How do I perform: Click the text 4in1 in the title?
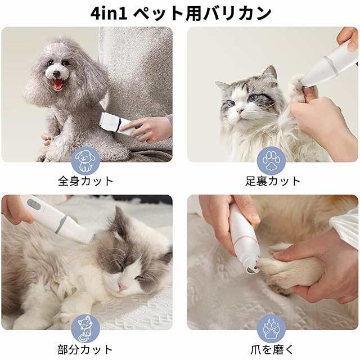(x=109, y=13)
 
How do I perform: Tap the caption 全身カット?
(x=85, y=181)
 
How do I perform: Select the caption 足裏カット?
(x=273, y=181)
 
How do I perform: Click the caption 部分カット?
(x=85, y=350)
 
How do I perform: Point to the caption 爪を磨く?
(x=272, y=350)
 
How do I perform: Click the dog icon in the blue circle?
(x=85, y=161)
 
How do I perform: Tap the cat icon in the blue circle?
(x=85, y=329)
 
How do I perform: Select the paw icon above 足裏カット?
(x=271, y=161)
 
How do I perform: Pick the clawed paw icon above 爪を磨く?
(x=271, y=328)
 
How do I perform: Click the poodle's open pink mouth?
(x=58, y=84)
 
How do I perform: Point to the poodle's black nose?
(x=56, y=74)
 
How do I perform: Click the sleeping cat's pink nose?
(x=122, y=286)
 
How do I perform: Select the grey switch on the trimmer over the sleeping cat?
(x=34, y=204)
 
